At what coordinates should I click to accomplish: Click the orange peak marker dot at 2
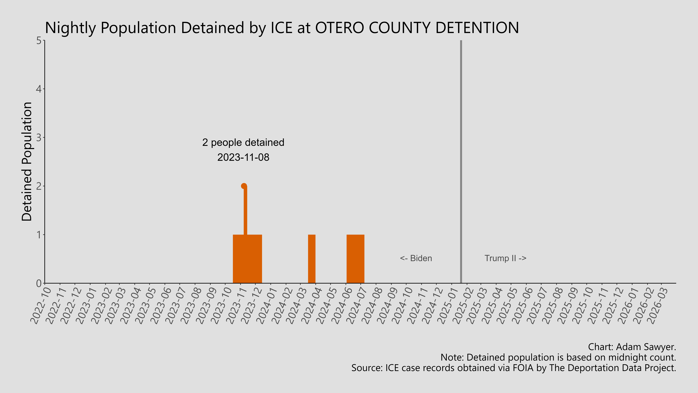[x=244, y=186]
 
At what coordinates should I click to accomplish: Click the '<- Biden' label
[x=416, y=258]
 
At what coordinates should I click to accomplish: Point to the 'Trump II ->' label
[x=505, y=258]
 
